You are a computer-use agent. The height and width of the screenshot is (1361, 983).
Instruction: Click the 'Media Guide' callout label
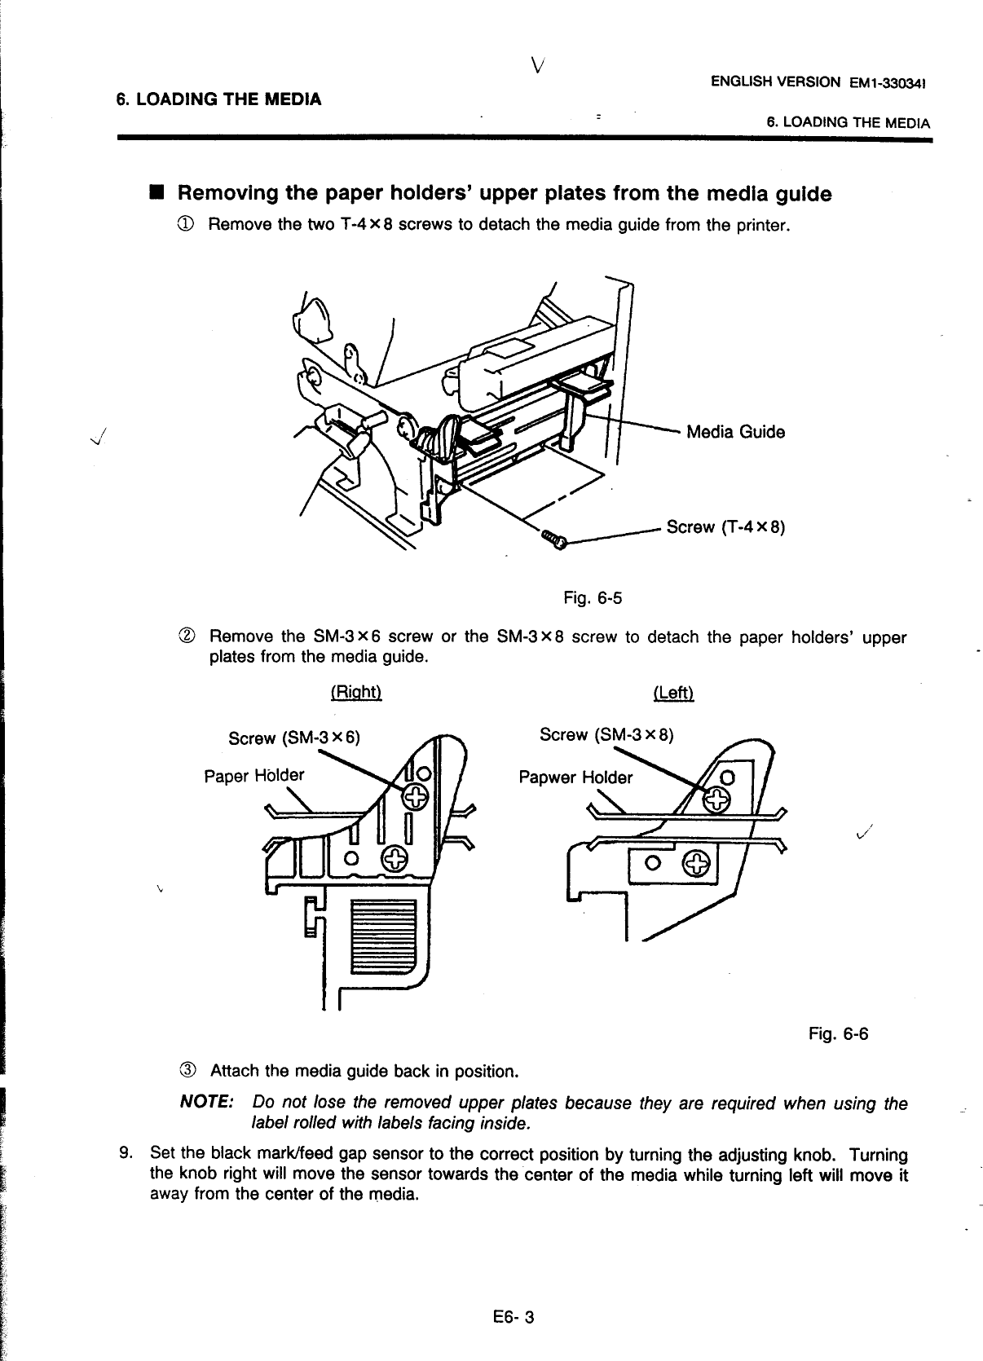pos(735,432)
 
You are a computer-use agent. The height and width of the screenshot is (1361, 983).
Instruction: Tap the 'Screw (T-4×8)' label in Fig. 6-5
pos(725,526)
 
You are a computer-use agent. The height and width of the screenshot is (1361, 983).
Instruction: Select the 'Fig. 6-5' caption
pos(593,599)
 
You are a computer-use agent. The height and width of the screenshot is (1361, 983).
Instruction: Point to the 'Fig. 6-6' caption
pos(838,1034)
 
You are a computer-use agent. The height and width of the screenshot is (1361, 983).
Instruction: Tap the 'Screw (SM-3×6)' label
pos(293,738)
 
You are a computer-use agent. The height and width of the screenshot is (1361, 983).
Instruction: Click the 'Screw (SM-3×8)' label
pos(606,735)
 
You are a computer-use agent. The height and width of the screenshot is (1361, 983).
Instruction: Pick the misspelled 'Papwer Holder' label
pos(575,777)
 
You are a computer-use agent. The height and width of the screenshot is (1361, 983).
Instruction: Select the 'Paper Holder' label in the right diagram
pos(253,775)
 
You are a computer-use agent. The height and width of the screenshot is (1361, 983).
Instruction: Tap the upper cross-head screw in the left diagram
pos(714,801)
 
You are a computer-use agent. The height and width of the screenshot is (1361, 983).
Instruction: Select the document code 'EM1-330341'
pos(890,83)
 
